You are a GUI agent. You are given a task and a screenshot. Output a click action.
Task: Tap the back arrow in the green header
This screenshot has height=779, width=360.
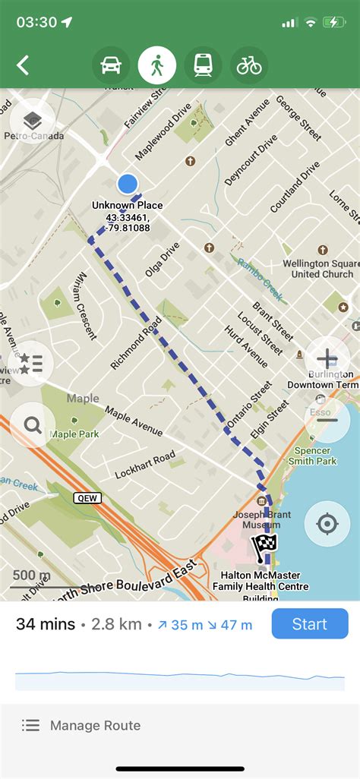coord(23,65)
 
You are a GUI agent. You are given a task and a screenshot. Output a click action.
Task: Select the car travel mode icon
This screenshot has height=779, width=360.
coord(111,65)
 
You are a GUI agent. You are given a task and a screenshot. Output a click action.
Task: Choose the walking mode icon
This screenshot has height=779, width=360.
coord(157,65)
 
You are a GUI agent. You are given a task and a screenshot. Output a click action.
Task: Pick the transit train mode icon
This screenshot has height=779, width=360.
coord(204,65)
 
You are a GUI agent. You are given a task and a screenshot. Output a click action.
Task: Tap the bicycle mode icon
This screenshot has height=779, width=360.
coord(249,65)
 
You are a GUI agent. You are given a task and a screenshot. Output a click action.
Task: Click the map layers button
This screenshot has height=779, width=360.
coord(32,121)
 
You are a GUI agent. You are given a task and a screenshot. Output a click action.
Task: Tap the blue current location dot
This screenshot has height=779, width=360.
coord(128,183)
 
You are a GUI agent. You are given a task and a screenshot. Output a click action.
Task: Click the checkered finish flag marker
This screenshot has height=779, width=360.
coord(264,547)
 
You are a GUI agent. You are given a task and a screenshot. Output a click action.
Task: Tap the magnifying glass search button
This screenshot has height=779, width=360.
coord(33,425)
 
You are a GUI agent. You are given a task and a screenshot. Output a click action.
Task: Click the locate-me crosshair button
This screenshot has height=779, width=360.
coord(327,523)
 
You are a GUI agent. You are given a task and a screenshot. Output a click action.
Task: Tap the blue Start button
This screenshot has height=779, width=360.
coord(309,624)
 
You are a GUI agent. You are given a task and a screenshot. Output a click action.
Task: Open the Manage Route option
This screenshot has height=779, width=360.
coord(95,725)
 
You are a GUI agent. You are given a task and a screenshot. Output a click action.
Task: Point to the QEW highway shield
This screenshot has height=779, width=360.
coord(87,498)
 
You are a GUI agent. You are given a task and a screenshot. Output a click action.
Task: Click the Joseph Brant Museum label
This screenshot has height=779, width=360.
coord(261,518)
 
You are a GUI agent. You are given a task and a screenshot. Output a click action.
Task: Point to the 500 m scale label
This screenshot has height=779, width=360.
coord(31,575)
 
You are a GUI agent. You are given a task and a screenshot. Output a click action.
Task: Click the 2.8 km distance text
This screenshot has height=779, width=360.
coord(116,624)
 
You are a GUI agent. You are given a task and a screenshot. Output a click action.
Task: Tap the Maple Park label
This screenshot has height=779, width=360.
coord(74,434)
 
